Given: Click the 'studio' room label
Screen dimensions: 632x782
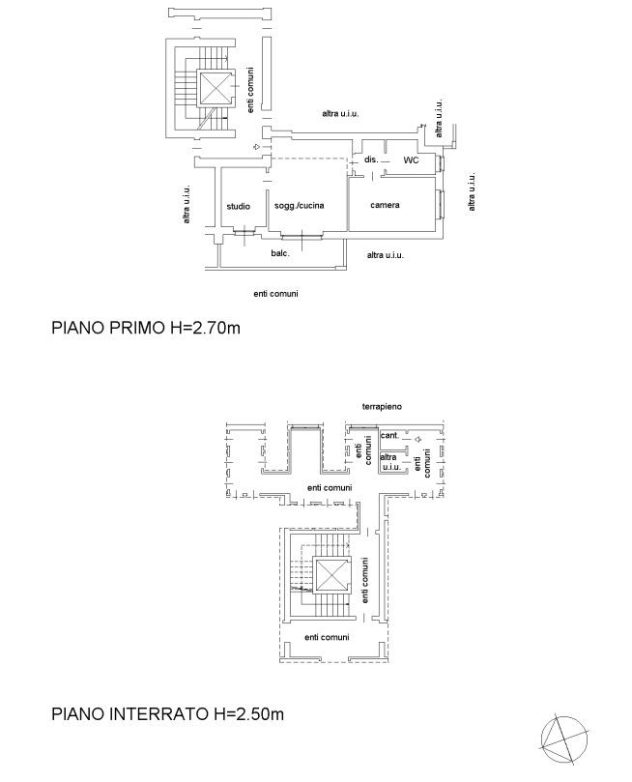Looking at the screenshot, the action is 239,206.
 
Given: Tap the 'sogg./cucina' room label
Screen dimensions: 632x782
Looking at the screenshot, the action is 299,206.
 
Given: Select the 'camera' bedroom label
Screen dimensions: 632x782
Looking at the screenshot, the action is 385,205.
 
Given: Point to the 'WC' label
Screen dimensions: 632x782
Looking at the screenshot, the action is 412,160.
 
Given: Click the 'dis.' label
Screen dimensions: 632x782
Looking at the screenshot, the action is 371,159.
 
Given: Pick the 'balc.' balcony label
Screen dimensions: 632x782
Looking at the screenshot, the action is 280,253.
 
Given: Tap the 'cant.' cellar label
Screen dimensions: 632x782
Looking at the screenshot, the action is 389,435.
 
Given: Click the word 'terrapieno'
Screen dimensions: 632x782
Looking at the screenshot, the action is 382,406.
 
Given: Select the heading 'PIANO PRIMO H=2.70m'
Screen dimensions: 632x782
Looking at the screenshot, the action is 146,328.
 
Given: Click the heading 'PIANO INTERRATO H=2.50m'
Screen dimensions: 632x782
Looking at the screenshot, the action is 167,713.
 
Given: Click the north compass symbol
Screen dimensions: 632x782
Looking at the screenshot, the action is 564,739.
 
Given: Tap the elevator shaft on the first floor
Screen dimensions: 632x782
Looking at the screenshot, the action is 215,88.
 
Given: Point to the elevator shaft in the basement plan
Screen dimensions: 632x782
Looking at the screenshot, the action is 332,575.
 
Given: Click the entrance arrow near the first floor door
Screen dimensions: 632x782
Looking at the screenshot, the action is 256,147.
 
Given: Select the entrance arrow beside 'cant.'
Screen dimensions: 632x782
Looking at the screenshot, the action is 417,440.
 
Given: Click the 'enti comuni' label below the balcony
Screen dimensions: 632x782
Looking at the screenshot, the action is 275,294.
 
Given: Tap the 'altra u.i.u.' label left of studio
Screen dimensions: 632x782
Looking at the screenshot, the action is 187,204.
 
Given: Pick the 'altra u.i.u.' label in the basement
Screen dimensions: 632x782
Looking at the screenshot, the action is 390,462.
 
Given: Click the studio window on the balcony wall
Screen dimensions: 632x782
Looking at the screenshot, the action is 244,230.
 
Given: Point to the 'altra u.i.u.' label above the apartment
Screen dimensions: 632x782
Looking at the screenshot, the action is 340,114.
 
